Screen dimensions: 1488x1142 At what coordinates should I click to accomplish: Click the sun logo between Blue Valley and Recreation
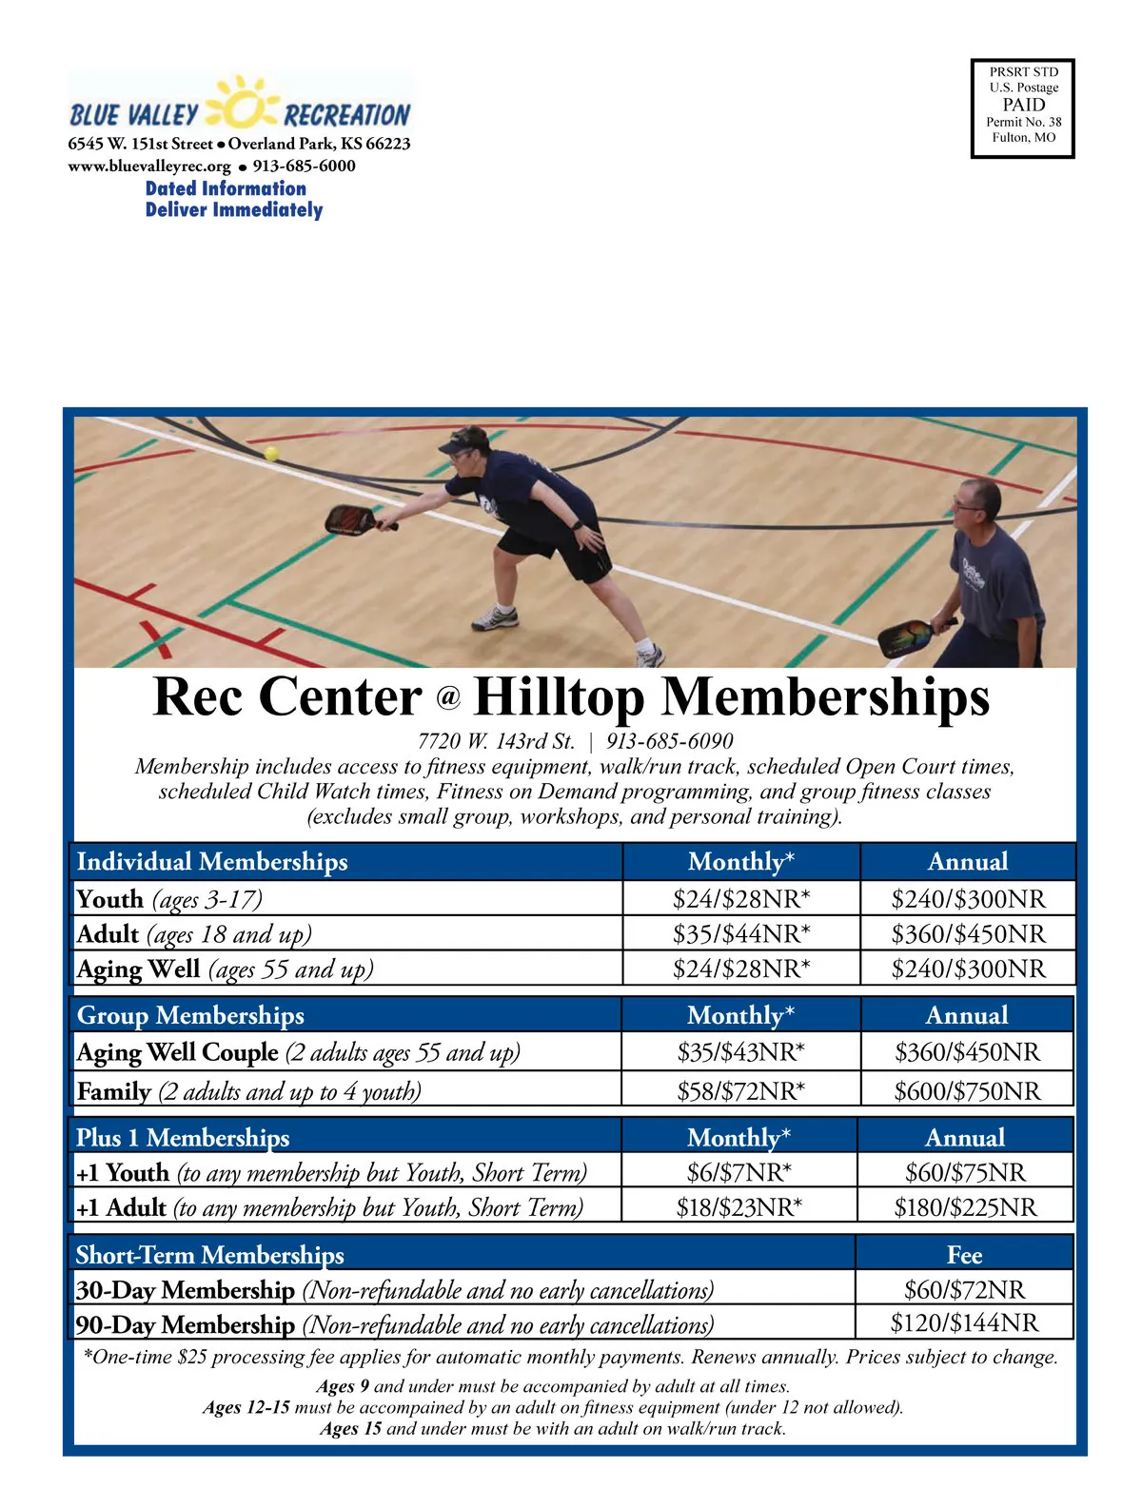(242, 106)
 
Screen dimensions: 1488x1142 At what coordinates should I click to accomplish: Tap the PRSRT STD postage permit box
(1023, 108)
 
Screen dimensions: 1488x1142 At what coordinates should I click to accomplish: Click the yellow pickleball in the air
(271, 454)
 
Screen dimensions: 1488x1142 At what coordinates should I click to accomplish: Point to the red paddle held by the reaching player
(351, 519)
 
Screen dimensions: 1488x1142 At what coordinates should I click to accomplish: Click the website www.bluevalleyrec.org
(149, 166)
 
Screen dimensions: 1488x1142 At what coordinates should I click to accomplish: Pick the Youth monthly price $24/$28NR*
(741, 899)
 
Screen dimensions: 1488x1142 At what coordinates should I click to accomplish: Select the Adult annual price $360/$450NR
(968, 934)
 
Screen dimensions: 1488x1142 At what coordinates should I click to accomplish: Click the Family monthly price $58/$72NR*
(740, 1091)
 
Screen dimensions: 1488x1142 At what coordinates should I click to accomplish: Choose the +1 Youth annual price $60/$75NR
(965, 1173)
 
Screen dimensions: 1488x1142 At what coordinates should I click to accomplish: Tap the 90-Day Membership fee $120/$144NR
(964, 1322)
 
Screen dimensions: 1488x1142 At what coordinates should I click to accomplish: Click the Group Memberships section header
(190, 1015)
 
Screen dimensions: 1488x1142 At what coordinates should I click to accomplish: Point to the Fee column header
(964, 1255)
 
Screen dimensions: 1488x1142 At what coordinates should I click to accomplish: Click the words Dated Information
(226, 188)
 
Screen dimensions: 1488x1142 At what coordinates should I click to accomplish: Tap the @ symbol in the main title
(448, 699)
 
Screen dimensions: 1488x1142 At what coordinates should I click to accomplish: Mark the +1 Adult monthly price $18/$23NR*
(739, 1207)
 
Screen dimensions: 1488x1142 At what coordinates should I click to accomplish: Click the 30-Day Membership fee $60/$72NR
(964, 1290)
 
